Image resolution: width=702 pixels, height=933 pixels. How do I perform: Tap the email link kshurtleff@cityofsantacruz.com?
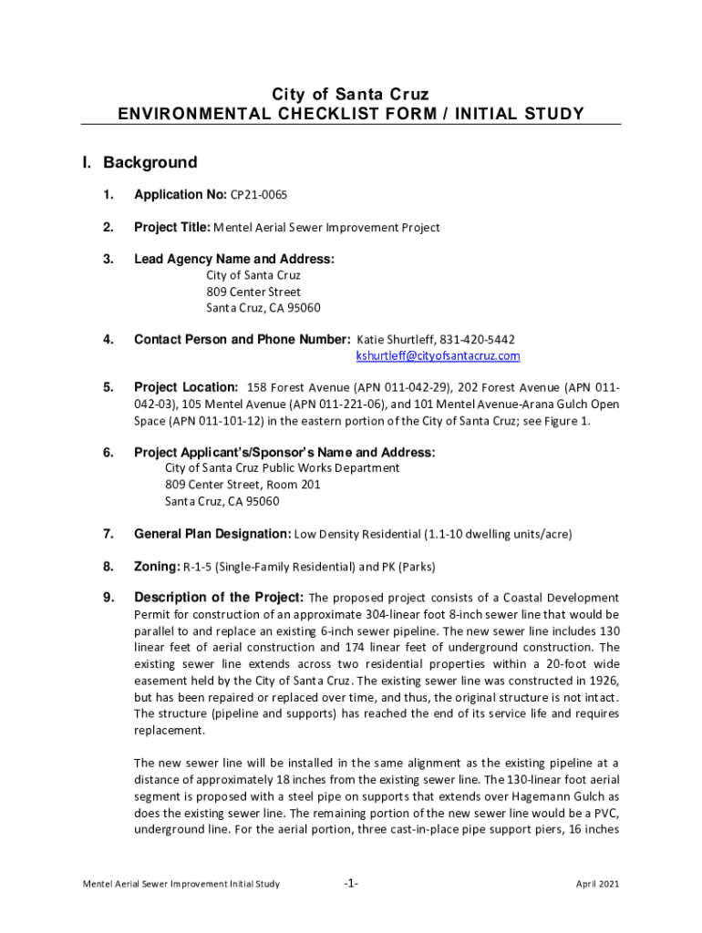click(438, 355)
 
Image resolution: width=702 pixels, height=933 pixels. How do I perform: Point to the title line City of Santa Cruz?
click(351, 94)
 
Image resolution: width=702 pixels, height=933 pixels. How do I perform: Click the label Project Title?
click(172, 228)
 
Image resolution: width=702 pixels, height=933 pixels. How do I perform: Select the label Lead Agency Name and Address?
click(234, 260)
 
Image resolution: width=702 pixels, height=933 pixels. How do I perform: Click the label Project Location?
click(186, 387)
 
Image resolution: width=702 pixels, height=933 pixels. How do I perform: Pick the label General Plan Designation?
click(212, 534)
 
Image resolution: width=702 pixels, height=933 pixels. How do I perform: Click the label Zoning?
click(157, 567)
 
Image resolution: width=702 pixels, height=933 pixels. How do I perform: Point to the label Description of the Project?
click(219, 599)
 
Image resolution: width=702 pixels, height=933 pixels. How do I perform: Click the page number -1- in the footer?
click(351, 884)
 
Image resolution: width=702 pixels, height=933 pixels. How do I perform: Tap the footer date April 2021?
click(597, 884)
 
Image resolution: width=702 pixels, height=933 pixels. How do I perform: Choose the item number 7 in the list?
click(108, 534)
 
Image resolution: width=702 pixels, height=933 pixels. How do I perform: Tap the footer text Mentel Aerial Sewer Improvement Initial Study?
click(181, 884)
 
